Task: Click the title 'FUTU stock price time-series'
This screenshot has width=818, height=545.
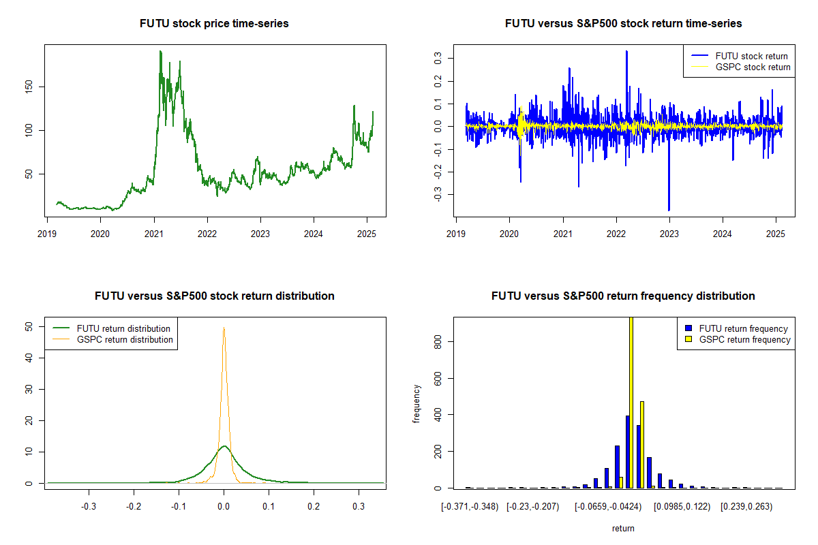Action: [214, 23]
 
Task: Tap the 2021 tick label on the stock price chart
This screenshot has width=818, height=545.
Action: [154, 234]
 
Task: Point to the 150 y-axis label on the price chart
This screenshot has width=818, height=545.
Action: [29, 87]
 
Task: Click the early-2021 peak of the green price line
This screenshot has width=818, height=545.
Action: [160, 52]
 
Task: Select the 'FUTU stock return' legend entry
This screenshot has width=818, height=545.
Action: [740, 56]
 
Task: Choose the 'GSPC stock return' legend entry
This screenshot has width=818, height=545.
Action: [740, 67]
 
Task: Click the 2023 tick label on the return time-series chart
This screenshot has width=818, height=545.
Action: [669, 234]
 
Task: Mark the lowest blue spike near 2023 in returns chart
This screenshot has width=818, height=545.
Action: [669, 210]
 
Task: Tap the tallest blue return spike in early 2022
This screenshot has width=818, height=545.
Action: [626, 52]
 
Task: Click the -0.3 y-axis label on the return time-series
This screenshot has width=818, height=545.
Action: [438, 194]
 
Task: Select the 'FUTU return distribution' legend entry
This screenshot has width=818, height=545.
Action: [111, 328]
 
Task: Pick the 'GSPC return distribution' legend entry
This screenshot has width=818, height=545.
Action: [113, 339]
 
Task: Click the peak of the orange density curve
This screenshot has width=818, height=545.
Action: [224, 328]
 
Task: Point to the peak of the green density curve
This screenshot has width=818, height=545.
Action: [224, 446]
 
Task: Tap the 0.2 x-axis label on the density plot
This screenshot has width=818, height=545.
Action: [314, 507]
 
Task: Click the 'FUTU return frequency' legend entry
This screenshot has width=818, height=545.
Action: [736, 328]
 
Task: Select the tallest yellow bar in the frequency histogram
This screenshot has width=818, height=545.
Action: [631, 403]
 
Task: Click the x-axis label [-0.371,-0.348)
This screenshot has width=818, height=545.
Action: [470, 507]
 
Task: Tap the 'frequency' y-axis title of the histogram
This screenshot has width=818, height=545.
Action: [416, 404]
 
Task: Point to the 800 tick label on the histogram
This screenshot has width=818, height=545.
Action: [438, 342]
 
